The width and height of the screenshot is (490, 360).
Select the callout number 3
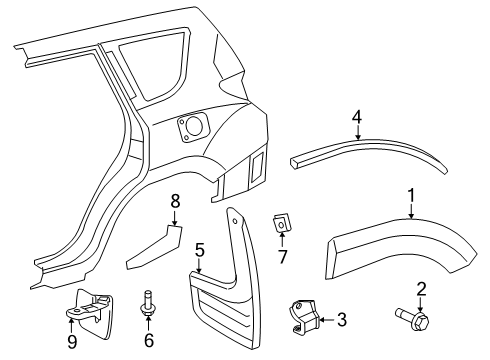(x=341, y=320)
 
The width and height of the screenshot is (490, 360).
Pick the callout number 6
(x=149, y=341)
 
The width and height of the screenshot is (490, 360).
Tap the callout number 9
(x=71, y=340)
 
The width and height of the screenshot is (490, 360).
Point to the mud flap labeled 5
(x=225, y=295)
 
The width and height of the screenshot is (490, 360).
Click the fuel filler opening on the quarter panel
(x=190, y=127)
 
